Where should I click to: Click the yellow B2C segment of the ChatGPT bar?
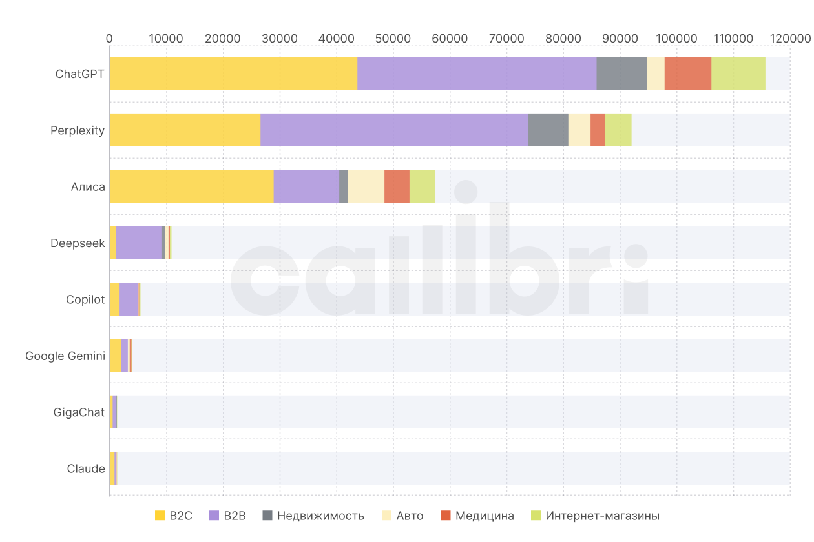(x=233, y=74)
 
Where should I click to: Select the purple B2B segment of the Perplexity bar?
(x=394, y=130)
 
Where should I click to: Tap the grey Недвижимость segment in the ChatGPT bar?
(x=621, y=74)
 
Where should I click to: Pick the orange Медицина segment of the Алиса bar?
(x=397, y=186)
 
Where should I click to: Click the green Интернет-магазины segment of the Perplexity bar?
(x=618, y=130)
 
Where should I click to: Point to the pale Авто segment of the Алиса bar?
(x=366, y=186)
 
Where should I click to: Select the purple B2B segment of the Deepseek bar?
(x=138, y=243)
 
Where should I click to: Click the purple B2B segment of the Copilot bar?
(x=128, y=299)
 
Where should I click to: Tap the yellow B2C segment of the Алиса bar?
(x=191, y=186)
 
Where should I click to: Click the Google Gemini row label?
(x=65, y=356)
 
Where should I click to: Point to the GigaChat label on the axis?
(x=79, y=412)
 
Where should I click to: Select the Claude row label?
(x=86, y=468)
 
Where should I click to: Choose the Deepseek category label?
(x=78, y=243)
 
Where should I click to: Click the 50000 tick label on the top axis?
(x=393, y=38)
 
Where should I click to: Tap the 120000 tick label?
(x=789, y=38)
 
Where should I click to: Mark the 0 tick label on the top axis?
(x=109, y=38)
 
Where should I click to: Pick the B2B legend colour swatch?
(x=215, y=516)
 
